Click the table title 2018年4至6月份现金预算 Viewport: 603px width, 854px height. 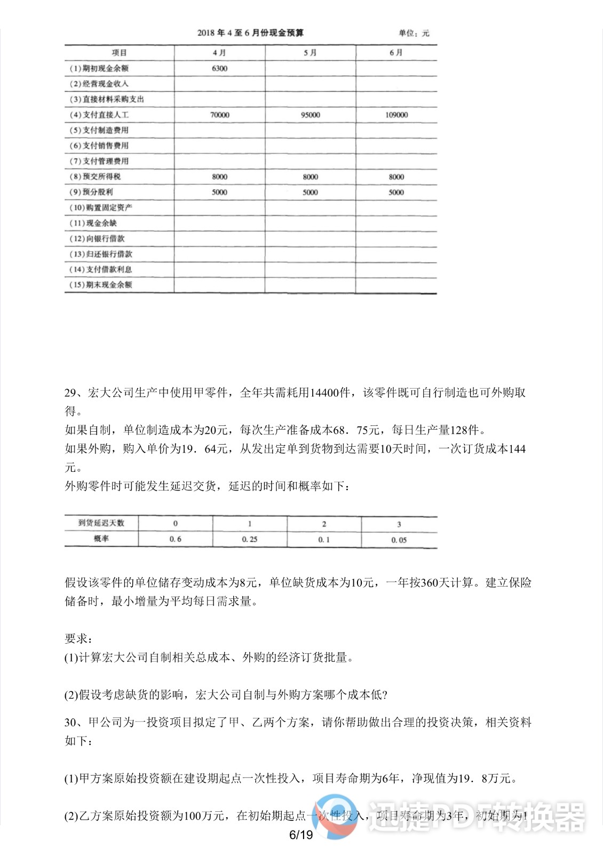coord(250,33)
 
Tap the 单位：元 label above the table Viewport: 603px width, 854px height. coord(414,33)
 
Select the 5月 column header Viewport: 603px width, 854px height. coord(310,53)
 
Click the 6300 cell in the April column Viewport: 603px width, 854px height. coord(219,68)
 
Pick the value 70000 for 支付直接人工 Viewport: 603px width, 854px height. coord(219,115)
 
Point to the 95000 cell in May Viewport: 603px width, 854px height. coord(310,115)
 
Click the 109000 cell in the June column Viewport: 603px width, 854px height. coord(396,115)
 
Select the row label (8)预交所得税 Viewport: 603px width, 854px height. coord(95,177)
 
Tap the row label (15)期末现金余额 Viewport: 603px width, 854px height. coord(100,285)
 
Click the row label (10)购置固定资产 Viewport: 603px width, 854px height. coord(101,208)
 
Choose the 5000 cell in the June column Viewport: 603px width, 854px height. coord(396,192)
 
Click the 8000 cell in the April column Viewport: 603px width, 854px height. coord(219,177)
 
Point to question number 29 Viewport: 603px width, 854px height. coord(71,393)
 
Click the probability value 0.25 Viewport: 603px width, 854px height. coord(249,540)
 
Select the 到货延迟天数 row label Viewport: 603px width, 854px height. coord(101,523)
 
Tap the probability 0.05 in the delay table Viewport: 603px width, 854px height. coord(399,540)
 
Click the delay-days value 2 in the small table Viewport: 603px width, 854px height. coord(324,524)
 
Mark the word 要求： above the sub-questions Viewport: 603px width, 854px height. coord(78,639)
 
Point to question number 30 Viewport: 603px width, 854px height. coord(71,723)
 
